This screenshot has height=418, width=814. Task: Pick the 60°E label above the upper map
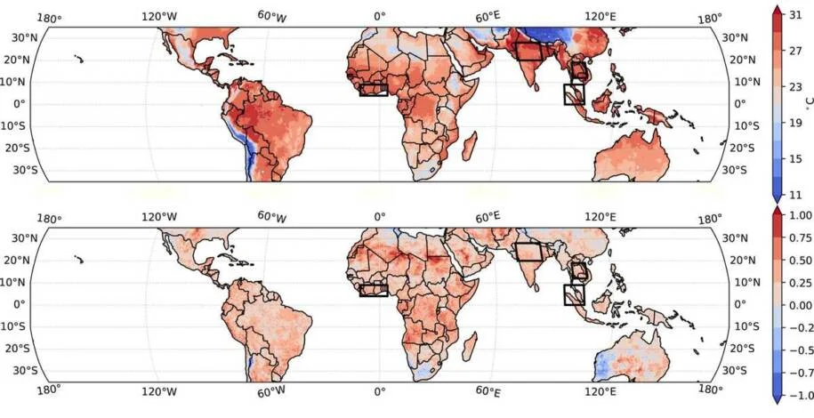[x=487, y=16]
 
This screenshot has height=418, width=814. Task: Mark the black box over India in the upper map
[x=528, y=51]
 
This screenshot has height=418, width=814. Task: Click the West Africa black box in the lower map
[x=374, y=289]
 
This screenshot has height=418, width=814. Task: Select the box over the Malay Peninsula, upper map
[x=574, y=93]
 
